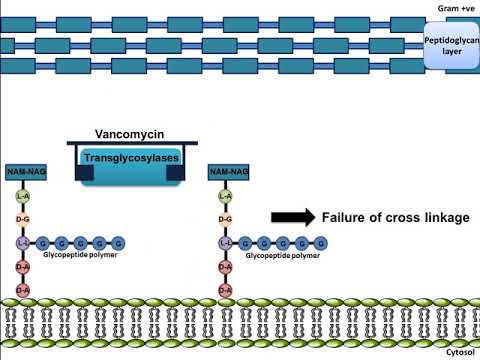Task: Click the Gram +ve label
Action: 452,8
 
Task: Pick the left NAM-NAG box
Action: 23,173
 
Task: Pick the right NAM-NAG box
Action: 227,173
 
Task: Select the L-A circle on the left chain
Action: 22,197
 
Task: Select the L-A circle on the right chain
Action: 226,197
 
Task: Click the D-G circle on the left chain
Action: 22,219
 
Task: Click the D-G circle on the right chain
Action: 226,219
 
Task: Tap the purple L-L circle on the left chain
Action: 22,243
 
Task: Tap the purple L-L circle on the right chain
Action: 226,243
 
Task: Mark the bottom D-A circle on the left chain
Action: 22,290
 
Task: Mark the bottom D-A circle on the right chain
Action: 226,290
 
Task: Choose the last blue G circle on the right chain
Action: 323,243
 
